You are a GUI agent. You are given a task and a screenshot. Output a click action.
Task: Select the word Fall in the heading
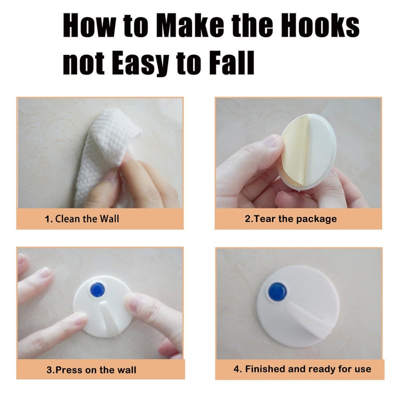point(232,62)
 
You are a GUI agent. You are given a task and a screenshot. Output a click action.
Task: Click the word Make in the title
point(190,25)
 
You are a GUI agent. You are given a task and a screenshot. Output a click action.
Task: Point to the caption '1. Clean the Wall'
point(82,219)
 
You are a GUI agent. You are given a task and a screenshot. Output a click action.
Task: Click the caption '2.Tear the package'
point(291,219)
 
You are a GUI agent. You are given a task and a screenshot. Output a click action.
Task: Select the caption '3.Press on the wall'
point(91,370)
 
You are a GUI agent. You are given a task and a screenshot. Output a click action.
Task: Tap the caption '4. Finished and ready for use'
point(302,369)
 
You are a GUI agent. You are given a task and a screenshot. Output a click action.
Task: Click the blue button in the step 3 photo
point(97,289)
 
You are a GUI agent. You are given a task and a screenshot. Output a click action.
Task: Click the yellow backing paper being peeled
point(293,150)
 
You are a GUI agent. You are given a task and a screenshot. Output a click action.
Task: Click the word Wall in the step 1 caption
point(109,219)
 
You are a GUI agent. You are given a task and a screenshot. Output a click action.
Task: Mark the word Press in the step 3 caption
point(69,370)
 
